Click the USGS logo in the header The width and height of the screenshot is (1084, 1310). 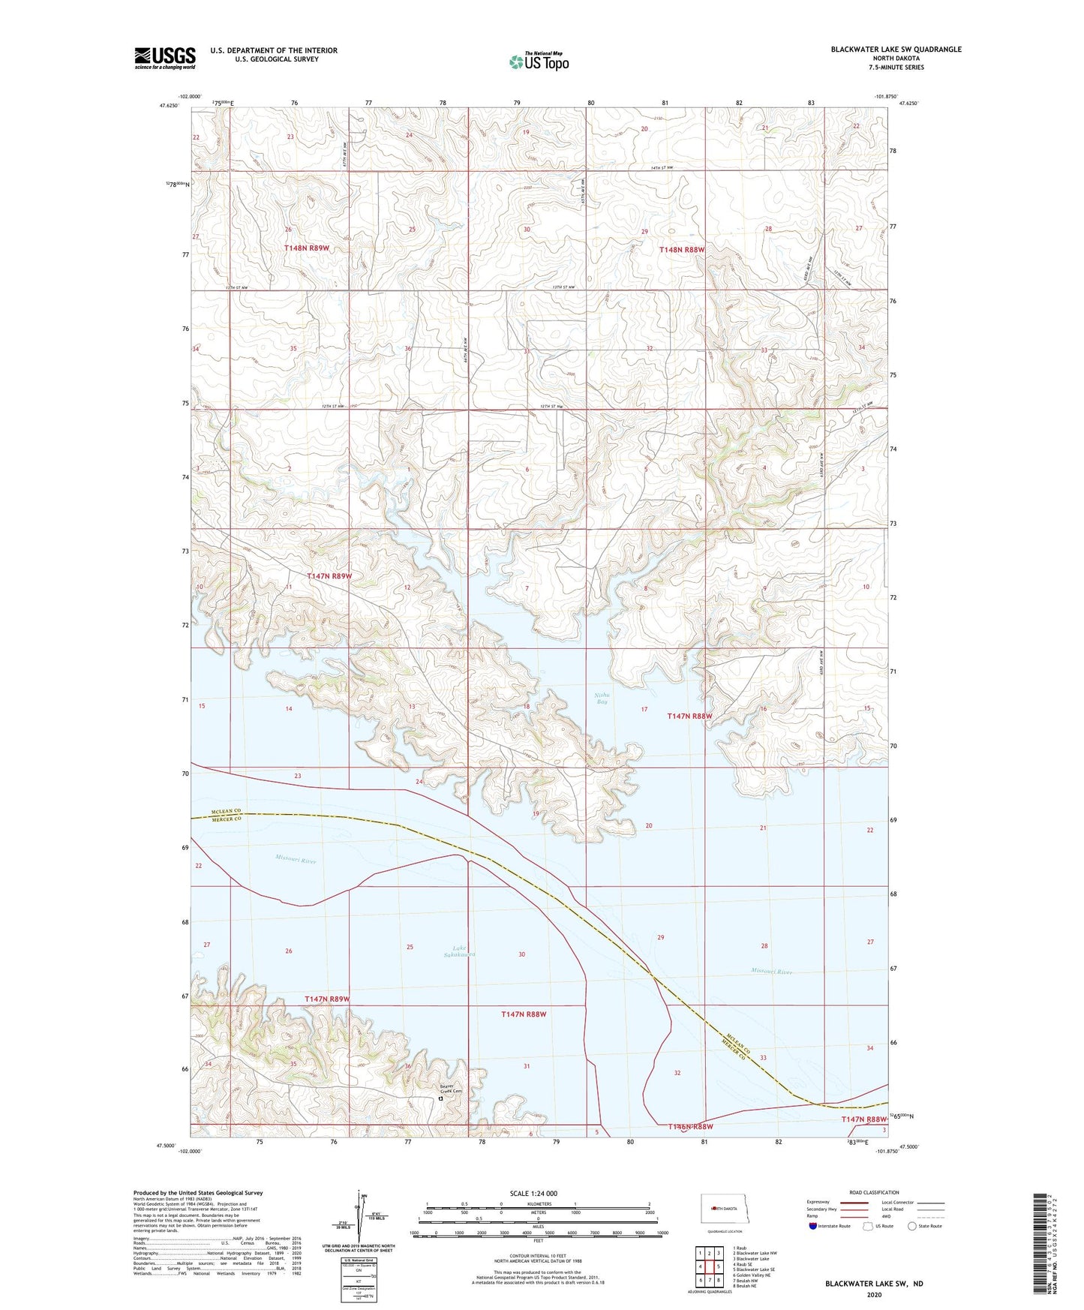click(x=164, y=58)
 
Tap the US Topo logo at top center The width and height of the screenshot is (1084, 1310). click(x=539, y=62)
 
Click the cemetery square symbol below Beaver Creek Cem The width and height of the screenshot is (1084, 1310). click(x=440, y=1098)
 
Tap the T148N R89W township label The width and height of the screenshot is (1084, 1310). click(x=307, y=248)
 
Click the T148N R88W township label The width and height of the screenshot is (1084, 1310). click(x=681, y=250)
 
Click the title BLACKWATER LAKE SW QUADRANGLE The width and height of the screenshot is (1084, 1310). click(x=895, y=50)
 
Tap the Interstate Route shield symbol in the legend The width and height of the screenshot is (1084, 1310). click(x=813, y=1227)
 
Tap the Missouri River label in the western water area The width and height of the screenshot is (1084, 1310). click(x=296, y=860)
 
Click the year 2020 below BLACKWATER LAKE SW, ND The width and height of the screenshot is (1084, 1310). click(x=874, y=1294)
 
